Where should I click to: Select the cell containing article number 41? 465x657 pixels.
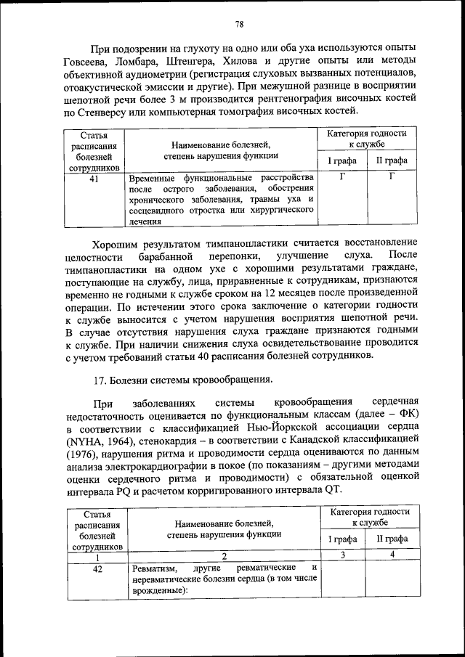click(x=94, y=176)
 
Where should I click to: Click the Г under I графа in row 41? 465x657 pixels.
click(x=341, y=176)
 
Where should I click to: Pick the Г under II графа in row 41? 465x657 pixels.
click(x=392, y=176)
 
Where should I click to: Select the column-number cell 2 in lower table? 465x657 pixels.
click(x=224, y=555)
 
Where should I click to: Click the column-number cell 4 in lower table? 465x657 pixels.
click(x=392, y=555)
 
